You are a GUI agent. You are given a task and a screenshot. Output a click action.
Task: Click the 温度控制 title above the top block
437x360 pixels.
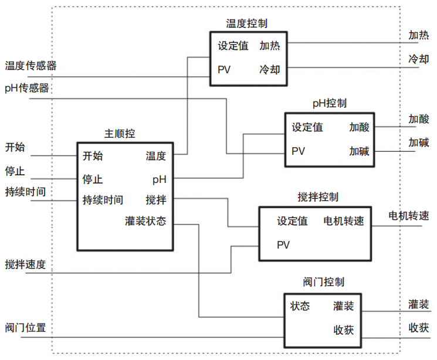[x=246, y=23]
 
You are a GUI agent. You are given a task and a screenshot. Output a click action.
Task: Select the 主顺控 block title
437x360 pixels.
[x=120, y=134]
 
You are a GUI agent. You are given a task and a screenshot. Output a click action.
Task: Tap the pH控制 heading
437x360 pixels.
[x=330, y=103]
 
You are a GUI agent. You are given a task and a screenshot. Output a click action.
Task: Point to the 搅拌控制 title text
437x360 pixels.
[x=318, y=197]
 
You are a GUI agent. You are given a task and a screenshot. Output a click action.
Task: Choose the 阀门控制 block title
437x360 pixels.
[x=324, y=282]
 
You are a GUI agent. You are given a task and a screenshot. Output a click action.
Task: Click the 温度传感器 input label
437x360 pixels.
[x=31, y=66]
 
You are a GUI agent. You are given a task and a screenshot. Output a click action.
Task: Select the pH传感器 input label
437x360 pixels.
[x=27, y=88]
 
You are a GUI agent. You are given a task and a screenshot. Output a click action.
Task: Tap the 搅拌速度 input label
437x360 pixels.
[x=25, y=264]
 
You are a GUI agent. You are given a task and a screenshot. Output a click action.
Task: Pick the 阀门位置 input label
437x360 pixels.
[x=25, y=328]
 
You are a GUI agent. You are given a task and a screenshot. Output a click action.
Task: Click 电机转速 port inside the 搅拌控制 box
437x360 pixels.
[x=344, y=221]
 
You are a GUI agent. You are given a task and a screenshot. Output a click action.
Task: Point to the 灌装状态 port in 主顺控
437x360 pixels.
[x=145, y=221]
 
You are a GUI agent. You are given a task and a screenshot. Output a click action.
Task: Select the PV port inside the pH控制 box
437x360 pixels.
[x=298, y=151]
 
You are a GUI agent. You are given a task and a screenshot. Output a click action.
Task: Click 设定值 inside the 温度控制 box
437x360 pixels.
[x=233, y=46]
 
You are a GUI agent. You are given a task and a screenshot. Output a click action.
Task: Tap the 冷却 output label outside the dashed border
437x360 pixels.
[x=419, y=59]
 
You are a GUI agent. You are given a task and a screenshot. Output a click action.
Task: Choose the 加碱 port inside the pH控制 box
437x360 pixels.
[x=359, y=151]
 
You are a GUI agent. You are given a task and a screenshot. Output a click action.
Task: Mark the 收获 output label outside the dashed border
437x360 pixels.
[x=419, y=328]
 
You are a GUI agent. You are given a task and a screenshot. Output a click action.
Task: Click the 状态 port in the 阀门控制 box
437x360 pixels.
[x=300, y=306]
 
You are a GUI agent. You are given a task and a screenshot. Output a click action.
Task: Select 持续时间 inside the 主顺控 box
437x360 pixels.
[x=103, y=200]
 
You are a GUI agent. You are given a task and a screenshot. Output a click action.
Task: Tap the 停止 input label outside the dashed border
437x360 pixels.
[x=15, y=171]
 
